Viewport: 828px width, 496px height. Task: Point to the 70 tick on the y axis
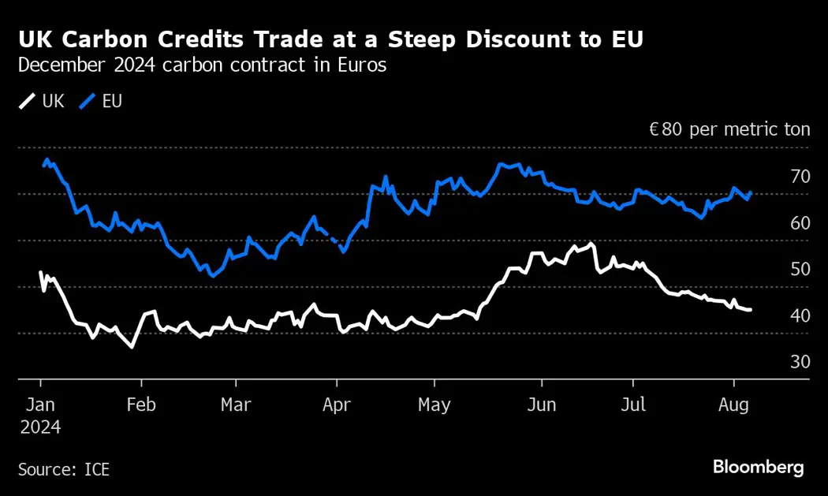coord(800,177)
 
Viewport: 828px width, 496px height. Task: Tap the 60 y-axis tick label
coord(800,223)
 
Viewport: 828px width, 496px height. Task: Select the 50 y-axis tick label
coord(800,270)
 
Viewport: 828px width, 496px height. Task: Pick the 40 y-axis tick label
coord(800,315)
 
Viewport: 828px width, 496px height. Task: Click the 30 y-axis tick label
coord(800,362)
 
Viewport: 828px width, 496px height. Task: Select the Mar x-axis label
coord(236,405)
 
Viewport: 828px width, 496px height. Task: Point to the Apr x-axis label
coord(336,405)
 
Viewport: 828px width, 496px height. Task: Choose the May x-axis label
coord(434,405)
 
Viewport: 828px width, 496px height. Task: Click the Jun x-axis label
coord(541,405)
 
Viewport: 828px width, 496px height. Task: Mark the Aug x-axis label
coord(735,405)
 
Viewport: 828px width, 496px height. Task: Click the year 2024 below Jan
coord(39,427)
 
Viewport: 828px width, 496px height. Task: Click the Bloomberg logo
coord(758,467)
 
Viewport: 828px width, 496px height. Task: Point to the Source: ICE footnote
coord(64,470)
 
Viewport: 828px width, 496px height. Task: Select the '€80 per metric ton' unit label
coord(729,129)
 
